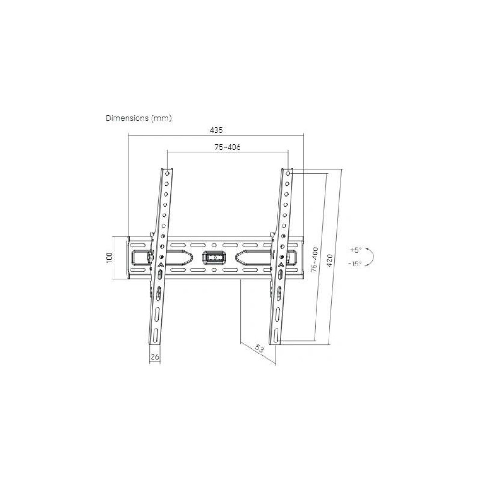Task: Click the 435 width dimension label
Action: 216,130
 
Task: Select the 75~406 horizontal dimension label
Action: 228,147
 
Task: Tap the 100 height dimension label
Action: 109,257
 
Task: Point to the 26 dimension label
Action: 155,357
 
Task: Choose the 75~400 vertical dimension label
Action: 315,260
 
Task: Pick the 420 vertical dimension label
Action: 329,260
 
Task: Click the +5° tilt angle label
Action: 355,250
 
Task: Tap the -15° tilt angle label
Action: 355,264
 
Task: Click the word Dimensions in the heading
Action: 127,118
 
